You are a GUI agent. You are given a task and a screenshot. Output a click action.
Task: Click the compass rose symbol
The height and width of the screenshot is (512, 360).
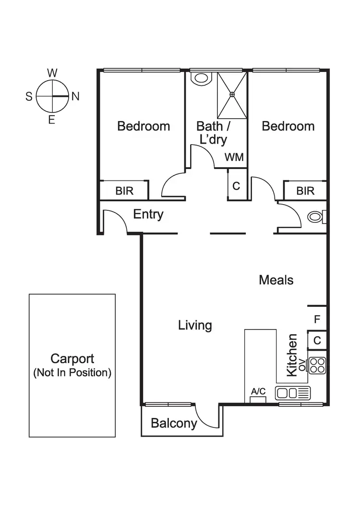click(52, 96)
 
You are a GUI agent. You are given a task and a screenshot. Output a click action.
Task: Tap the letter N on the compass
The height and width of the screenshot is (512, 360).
click(75, 97)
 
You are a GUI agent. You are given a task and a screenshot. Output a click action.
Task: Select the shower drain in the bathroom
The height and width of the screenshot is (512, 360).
click(232, 95)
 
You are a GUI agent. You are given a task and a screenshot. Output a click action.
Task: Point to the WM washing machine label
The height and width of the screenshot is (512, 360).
click(234, 157)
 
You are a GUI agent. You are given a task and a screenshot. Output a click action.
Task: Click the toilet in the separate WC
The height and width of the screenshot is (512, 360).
click(315, 217)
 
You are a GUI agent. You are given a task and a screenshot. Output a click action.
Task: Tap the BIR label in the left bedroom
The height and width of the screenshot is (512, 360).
click(124, 191)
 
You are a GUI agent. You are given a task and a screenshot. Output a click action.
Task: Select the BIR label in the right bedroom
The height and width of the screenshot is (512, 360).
click(305, 191)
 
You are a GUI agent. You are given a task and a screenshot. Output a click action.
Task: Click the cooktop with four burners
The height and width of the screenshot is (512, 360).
click(317, 366)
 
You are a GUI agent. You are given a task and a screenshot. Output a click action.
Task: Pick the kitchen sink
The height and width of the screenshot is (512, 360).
click(293, 393)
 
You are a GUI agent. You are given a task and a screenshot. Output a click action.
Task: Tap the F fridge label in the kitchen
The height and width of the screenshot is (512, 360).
click(317, 319)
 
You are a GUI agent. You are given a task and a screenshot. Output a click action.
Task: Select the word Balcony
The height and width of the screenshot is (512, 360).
click(174, 423)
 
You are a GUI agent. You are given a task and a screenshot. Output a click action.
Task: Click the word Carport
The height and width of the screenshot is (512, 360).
click(72, 359)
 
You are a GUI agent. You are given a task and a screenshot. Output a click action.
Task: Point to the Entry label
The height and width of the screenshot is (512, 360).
click(148, 214)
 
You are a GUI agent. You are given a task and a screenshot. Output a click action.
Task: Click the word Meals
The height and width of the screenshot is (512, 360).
click(276, 280)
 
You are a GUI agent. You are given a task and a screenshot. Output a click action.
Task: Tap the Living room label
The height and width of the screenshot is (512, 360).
click(195, 325)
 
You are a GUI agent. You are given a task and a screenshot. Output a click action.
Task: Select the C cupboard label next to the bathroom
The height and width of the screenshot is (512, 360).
click(236, 186)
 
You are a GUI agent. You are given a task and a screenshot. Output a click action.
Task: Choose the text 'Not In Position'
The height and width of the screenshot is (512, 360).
click(72, 373)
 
